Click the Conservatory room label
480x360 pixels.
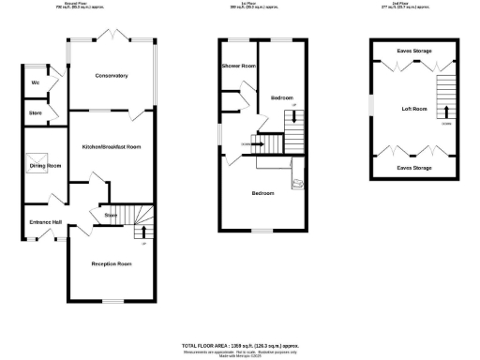coord(112,76)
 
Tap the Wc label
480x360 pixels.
coord(35,82)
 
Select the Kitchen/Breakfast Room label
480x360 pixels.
coord(112,147)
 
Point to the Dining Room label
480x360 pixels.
coord(45,166)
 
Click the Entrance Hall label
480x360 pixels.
coord(45,221)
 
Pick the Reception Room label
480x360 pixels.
coord(112,264)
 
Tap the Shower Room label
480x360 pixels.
coord(238,67)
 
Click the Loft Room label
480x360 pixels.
coord(414,109)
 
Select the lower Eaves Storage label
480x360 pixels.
coord(414,167)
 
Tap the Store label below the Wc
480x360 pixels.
coord(36,114)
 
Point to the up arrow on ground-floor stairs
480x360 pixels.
coord(143,231)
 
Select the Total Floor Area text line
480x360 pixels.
coord(239,346)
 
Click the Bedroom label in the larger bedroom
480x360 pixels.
coord(262,193)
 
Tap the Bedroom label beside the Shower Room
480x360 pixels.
coord(282,97)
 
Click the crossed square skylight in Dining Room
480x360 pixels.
coord(32,159)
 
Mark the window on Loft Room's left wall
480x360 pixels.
coord(372,104)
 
